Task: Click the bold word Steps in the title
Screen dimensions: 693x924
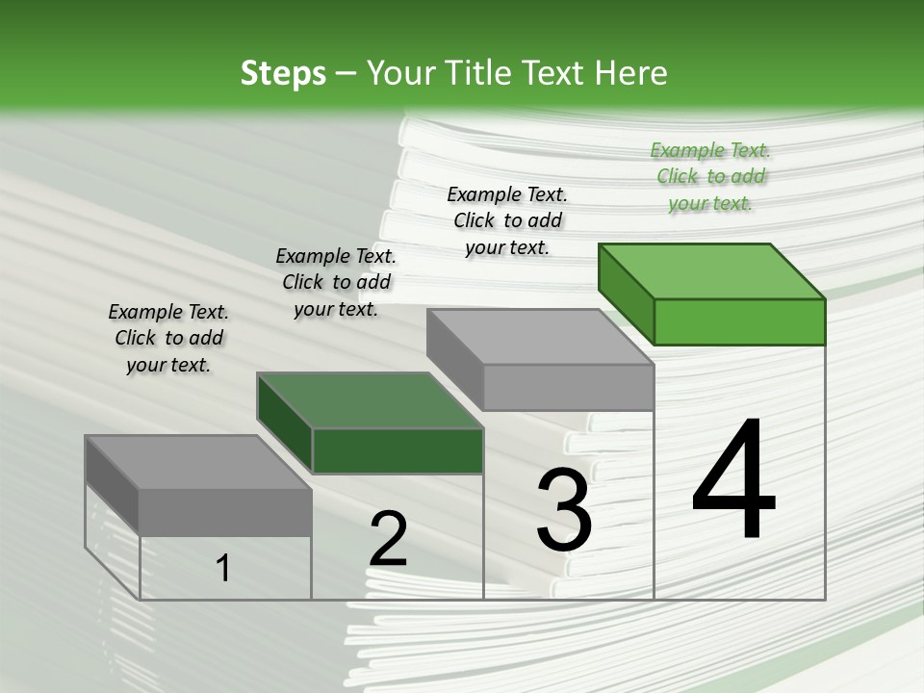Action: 283,73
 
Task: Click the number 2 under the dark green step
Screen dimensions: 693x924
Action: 388,539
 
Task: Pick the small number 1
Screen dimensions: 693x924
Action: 223,569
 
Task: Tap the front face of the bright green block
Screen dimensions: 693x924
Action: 739,321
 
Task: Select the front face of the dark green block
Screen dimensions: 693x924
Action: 398,450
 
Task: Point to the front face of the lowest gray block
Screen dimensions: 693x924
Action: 225,512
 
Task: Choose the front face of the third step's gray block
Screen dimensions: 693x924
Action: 568,387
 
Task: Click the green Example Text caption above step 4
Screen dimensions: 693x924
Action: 710,176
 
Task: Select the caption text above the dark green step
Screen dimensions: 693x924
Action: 336,282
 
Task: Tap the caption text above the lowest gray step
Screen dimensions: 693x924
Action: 168,338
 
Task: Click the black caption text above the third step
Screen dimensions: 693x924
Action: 507,220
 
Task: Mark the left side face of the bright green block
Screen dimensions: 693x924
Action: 626,293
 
